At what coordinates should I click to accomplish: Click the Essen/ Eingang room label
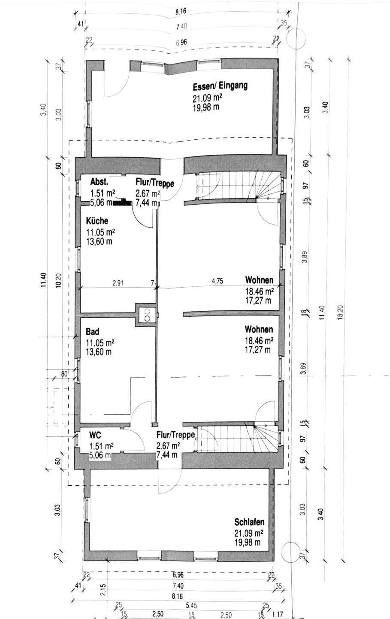[x=220, y=86]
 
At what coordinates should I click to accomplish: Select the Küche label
[x=97, y=221]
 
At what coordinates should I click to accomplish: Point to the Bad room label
[x=92, y=332]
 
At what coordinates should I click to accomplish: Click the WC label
[x=95, y=435]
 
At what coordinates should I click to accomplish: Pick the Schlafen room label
[x=249, y=522]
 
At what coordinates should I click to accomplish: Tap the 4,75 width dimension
[x=218, y=282]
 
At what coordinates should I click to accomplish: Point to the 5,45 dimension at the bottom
[x=192, y=605]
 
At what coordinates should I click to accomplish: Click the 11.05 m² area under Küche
[x=100, y=233]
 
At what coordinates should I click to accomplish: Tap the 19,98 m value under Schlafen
[x=248, y=542]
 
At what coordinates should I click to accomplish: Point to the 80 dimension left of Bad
[x=65, y=374]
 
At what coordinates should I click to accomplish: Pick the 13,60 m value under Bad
[x=99, y=352]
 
